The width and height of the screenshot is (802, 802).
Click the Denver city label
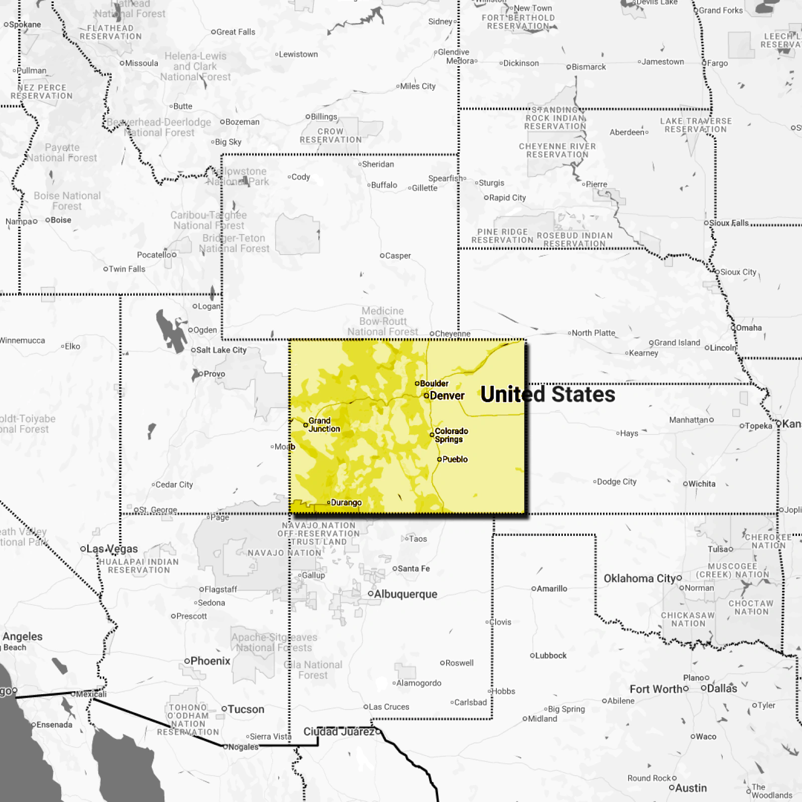(447, 396)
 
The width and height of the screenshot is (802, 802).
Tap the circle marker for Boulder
(417, 383)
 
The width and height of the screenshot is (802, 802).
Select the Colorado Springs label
(451, 435)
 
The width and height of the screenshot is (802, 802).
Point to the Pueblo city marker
(440, 459)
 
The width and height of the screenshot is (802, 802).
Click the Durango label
(346, 503)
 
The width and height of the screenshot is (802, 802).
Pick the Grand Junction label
(324, 425)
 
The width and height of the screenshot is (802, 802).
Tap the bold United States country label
(547, 394)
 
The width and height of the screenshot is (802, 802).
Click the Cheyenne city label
(453, 334)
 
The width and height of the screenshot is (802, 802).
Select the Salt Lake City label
(221, 350)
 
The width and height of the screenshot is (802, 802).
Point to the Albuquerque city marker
(370, 594)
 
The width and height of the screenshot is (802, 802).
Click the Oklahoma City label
(640, 578)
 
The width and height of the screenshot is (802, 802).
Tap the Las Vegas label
(112, 549)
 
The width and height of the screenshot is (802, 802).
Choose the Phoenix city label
(210, 661)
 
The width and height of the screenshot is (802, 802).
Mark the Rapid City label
(507, 198)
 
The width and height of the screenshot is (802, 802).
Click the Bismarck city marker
(569, 67)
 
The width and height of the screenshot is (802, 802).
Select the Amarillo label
(552, 589)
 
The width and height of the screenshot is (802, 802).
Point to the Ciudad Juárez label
(339, 732)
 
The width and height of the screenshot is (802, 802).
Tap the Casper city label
(398, 256)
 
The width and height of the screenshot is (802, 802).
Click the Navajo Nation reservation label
(284, 553)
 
